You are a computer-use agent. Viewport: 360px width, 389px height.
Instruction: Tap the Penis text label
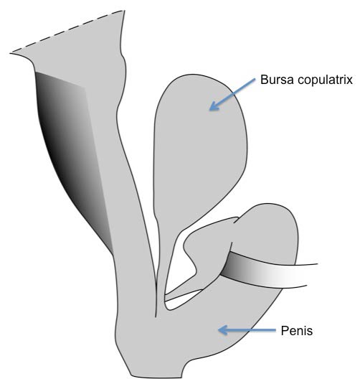pyautogui.click(x=296, y=331)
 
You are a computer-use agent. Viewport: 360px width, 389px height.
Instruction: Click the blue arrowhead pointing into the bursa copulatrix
pyautogui.click(x=214, y=106)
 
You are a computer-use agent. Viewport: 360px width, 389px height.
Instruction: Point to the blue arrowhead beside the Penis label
pyautogui.click(x=222, y=330)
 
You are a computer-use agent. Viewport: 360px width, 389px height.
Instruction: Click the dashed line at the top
pyautogui.click(x=67, y=32)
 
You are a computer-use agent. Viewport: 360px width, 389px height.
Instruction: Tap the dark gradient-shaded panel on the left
pyautogui.click(x=72, y=154)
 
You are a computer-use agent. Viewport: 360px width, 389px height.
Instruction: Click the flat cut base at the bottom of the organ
pyautogui.click(x=156, y=378)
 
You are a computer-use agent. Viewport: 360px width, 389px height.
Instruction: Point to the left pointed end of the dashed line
pyautogui.click(x=11, y=53)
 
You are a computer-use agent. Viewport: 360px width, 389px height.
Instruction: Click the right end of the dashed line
pyautogui.click(x=124, y=10)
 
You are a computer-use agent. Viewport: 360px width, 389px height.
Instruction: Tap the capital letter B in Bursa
pyautogui.click(x=264, y=80)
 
